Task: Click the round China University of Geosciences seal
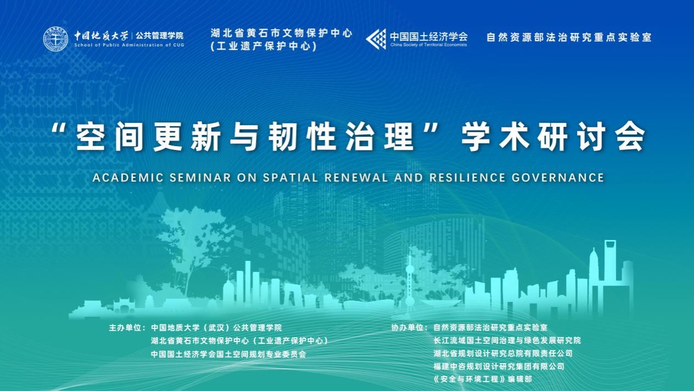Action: click(x=56, y=39)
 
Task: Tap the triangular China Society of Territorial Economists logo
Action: click(x=376, y=39)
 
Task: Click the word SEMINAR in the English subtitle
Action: click(x=200, y=177)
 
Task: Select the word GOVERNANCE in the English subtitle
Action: click(x=558, y=177)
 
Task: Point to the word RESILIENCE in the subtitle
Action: click(x=467, y=177)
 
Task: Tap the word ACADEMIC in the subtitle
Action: click(x=128, y=177)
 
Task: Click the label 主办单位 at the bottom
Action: click(x=126, y=327)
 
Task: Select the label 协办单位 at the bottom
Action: click(x=408, y=327)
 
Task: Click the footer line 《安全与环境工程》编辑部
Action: click(x=483, y=379)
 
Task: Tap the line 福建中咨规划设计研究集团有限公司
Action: click(x=499, y=366)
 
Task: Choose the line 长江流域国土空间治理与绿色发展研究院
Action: click(x=507, y=340)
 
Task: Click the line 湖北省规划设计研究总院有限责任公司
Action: click(x=503, y=353)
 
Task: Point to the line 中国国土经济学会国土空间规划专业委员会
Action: click(x=228, y=354)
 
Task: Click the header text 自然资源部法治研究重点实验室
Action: click(x=569, y=37)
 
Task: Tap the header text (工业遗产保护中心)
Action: click(x=264, y=46)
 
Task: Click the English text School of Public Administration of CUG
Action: click(x=129, y=45)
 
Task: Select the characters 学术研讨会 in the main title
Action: click(x=553, y=137)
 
